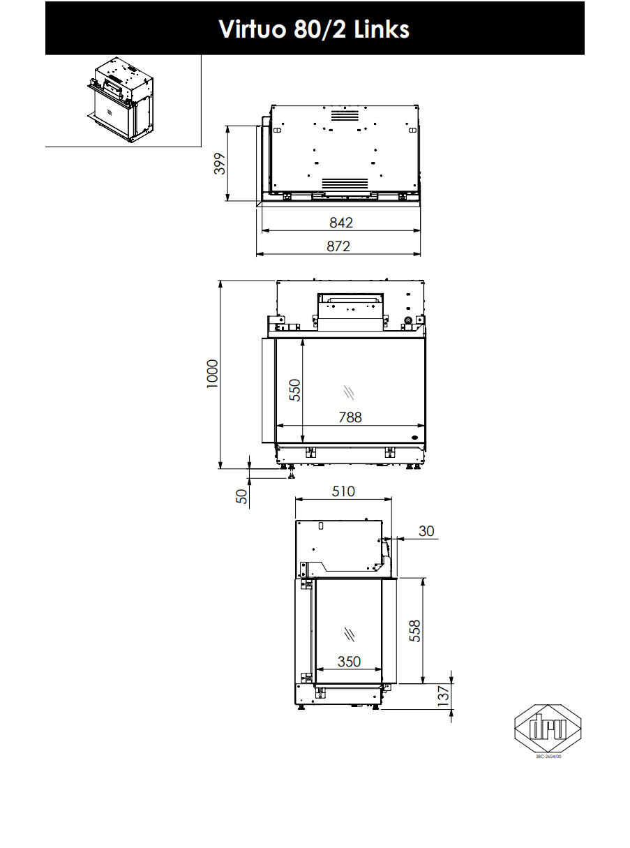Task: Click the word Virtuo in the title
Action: pyautogui.click(x=253, y=29)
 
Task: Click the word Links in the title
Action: pyautogui.click(x=382, y=29)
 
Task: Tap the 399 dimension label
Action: pyautogui.click(x=220, y=163)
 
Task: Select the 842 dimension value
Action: pyautogui.click(x=341, y=223)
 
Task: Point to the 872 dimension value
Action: pyautogui.click(x=338, y=246)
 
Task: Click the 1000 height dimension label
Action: pyautogui.click(x=212, y=374)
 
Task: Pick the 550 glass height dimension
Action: pyautogui.click(x=294, y=389)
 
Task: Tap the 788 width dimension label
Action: pyautogui.click(x=350, y=417)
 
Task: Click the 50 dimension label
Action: pyautogui.click(x=241, y=497)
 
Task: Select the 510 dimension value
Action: pyautogui.click(x=343, y=491)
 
